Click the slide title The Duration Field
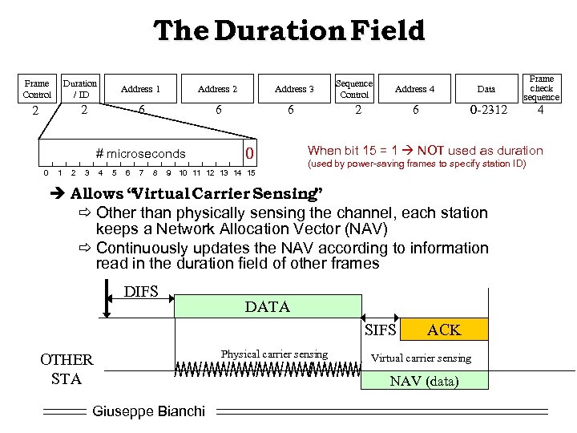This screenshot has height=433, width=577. click(x=288, y=31)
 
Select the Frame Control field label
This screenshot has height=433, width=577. click(x=37, y=88)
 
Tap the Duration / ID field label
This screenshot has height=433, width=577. click(x=80, y=88)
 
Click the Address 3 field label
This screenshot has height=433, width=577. click(x=294, y=89)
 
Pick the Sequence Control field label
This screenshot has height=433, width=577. click(x=353, y=88)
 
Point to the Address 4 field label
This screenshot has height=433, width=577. click(x=415, y=89)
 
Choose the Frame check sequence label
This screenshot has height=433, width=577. click(x=541, y=88)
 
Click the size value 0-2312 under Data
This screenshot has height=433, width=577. click(x=488, y=110)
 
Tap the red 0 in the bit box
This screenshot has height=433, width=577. click(x=250, y=153)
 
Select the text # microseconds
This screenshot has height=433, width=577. click(x=140, y=154)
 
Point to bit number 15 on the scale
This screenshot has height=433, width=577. click(x=251, y=172)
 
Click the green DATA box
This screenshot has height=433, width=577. click(x=268, y=307)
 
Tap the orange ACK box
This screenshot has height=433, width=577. click(x=443, y=330)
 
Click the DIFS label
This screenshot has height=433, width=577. click(x=142, y=291)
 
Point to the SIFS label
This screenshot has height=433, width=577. click(x=381, y=330)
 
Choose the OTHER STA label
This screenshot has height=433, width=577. click(x=67, y=369)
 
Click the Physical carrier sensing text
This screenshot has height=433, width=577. click(x=274, y=354)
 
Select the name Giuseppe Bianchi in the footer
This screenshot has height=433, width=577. click(x=149, y=411)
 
